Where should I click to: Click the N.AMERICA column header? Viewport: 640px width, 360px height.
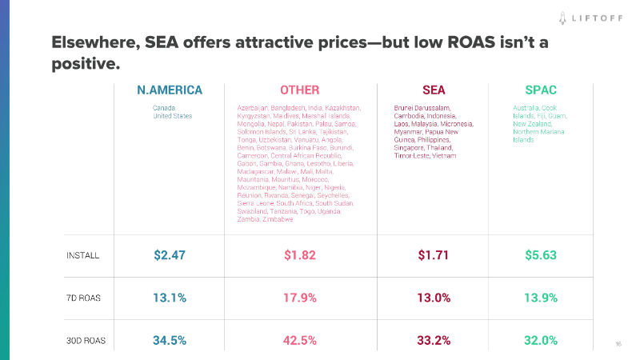(x=170, y=90)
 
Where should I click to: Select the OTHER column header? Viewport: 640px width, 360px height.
(x=299, y=90)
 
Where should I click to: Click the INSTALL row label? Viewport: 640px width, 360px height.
(x=82, y=256)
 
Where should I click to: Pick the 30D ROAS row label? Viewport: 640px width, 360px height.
(x=86, y=340)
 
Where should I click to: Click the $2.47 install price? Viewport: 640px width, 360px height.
(x=170, y=256)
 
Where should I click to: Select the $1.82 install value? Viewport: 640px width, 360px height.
(x=299, y=256)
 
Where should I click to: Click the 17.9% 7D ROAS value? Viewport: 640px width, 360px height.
(x=299, y=298)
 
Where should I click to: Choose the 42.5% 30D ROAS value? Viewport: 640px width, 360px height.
(x=299, y=340)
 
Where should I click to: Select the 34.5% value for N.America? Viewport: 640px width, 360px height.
(x=170, y=340)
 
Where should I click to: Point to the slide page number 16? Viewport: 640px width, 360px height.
(x=618, y=344)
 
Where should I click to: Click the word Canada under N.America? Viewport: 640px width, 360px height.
(x=164, y=108)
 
